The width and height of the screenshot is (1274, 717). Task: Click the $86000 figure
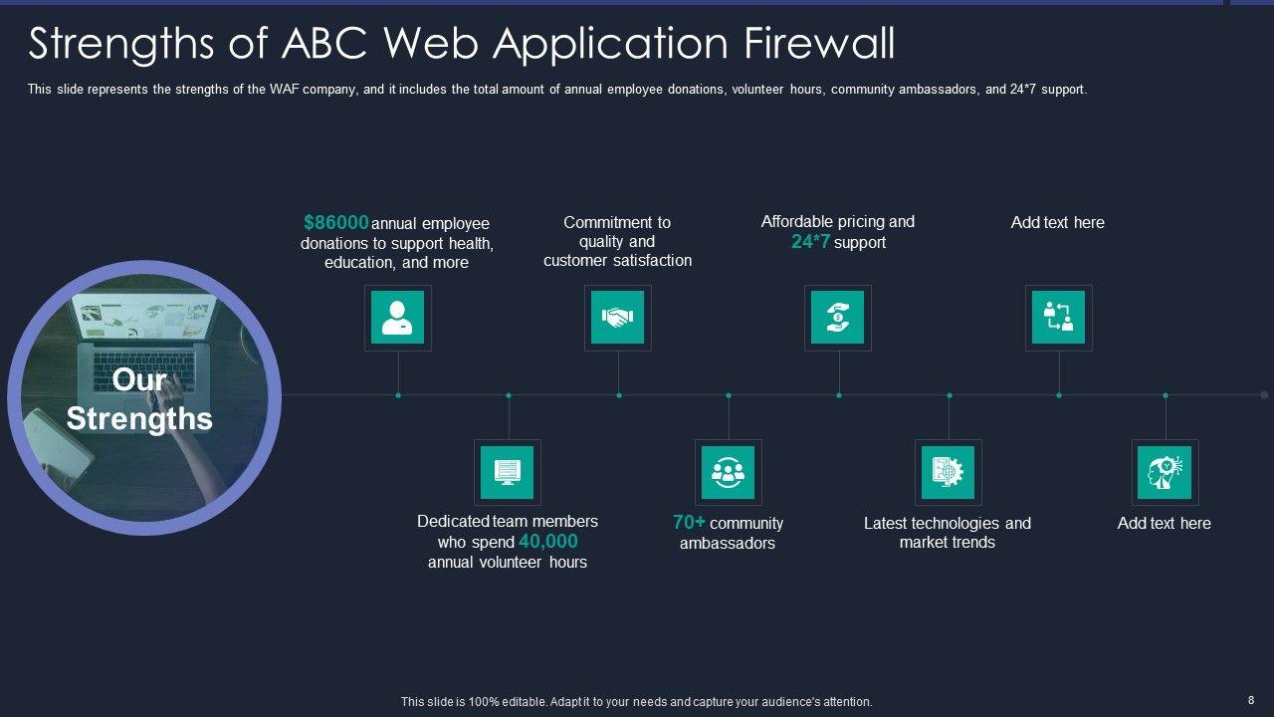[336, 222]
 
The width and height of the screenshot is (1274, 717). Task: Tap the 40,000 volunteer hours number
[547, 542]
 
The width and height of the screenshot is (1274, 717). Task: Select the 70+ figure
[689, 522]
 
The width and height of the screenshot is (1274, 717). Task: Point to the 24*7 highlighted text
[810, 242]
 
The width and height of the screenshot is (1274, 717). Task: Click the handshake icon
[617, 318]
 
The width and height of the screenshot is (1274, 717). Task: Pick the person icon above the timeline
[397, 318]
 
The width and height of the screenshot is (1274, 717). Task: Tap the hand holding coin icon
[837, 318]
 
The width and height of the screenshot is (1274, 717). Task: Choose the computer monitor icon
[507, 472]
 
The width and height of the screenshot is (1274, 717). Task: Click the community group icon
[728, 472]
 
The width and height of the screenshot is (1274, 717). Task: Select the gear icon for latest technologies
[948, 472]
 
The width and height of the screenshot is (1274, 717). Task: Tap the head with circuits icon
[1165, 472]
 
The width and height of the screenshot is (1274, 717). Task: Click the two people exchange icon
[1058, 318]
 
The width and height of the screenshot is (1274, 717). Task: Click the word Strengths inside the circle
[139, 418]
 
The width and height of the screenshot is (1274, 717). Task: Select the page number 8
[1251, 700]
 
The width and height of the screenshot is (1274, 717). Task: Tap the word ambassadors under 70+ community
[727, 544]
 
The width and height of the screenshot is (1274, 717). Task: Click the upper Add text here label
[1057, 222]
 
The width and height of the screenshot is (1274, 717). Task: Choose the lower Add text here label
[1164, 523]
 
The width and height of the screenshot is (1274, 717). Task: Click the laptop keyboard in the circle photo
[149, 368]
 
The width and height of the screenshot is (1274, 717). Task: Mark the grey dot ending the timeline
[1264, 395]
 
